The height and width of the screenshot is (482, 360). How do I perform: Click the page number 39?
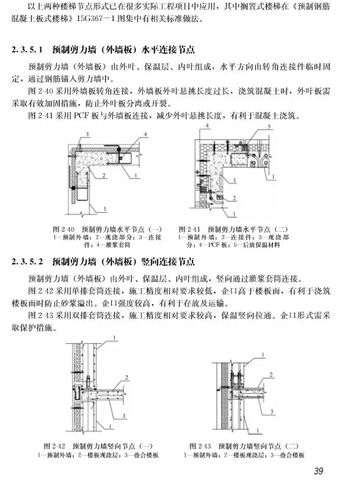[318, 471]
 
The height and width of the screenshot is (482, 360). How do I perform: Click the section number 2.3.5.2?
[28, 261]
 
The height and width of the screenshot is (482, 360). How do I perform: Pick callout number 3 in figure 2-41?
[234, 180]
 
